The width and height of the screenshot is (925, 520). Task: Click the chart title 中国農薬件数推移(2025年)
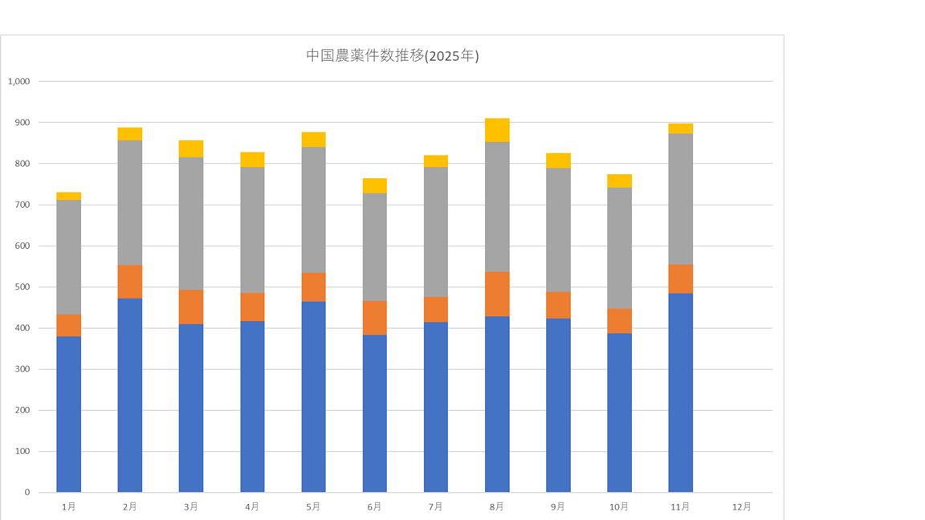click(x=393, y=56)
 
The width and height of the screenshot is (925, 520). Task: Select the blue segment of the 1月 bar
click(x=69, y=414)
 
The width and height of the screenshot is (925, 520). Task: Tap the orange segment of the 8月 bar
click(x=497, y=294)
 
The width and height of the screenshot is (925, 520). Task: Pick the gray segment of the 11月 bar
click(x=680, y=199)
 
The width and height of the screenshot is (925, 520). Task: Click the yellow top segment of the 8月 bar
click(x=497, y=130)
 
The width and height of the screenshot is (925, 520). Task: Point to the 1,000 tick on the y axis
click(x=18, y=81)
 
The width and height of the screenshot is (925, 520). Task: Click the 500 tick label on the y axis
click(x=22, y=287)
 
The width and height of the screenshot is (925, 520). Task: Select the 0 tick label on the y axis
click(x=26, y=493)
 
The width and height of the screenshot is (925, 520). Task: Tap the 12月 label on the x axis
click(x=742, y=507)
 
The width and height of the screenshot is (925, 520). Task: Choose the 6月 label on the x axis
click(x=374, y=507)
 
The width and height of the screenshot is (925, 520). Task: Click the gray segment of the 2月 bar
click(x=130, y=202)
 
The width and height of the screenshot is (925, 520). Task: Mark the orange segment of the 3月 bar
click(x=191, y=307)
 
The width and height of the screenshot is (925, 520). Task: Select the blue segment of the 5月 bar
click(x=313, y=396)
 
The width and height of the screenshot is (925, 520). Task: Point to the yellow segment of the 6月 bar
click(x=374, y=186)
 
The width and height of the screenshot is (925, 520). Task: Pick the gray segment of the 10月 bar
click(x=619, y=248)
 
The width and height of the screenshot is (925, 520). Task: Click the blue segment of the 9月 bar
click(x=558, y=405)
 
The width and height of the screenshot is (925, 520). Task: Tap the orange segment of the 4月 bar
click(x=252, y=307)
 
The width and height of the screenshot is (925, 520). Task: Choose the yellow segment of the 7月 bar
click(x=436, y=161)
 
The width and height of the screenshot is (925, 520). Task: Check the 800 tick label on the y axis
click(x=22, y=164)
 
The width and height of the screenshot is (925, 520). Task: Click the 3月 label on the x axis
click(x=191, y=507)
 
